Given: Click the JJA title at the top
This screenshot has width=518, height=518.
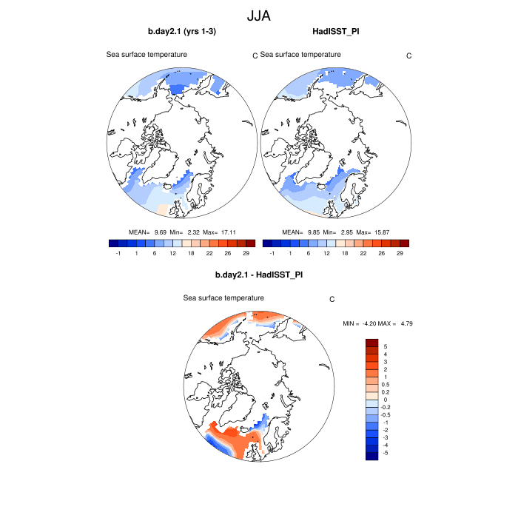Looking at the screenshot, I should (259, 15).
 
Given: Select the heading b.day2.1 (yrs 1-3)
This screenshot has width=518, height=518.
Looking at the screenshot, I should (181, 31).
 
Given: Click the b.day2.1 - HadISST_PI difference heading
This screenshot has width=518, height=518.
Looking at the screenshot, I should (259, 275).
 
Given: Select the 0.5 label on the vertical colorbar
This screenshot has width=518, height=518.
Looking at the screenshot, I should (385, 385).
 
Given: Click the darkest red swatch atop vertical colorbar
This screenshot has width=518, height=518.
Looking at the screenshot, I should (372, 343).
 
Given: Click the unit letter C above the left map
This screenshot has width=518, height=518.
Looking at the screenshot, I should (255, 56).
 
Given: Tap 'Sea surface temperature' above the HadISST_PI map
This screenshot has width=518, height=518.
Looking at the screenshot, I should (300, 54).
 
